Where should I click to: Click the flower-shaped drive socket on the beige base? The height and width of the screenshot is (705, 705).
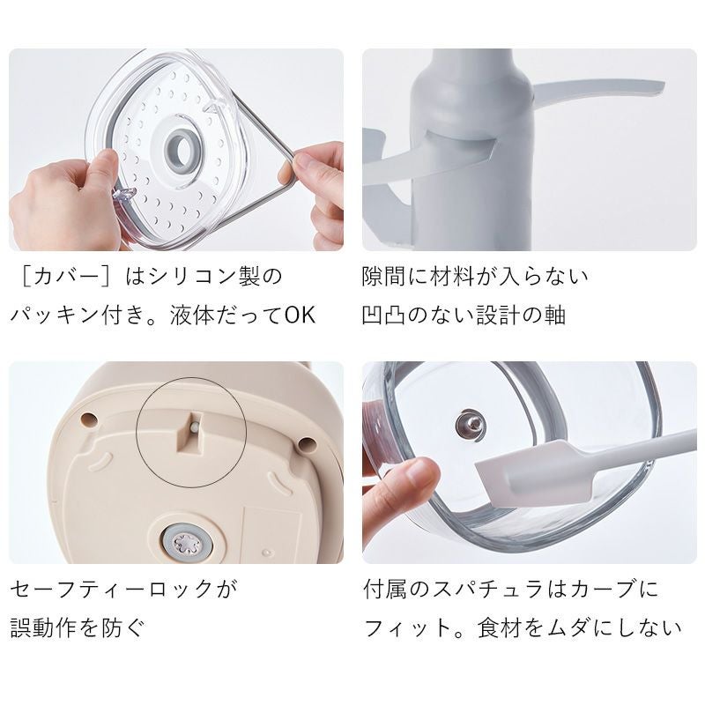[x=184, y=544]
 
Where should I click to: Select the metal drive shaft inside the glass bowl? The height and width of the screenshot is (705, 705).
[x=471, y=425]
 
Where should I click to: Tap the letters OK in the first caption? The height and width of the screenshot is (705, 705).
[x=300, y=315]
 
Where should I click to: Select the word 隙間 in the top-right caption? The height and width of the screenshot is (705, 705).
[x=384, y=277]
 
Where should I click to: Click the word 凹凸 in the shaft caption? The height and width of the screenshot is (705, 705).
[x=384, y=315]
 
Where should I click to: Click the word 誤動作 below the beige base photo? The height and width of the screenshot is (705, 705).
[x=44, y=627]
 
